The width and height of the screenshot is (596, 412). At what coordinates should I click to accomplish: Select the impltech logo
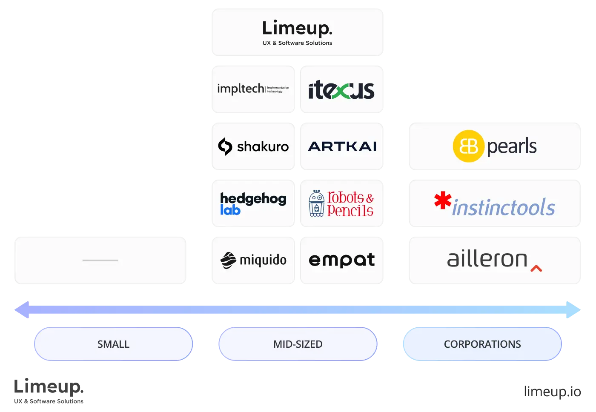(253, 89)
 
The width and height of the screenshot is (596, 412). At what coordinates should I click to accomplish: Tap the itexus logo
(341, 90)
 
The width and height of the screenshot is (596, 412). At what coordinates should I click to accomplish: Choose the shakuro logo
(253, 146)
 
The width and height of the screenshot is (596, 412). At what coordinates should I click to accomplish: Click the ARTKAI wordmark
(342, 146)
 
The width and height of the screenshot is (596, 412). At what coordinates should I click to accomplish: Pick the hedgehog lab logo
(253, 203)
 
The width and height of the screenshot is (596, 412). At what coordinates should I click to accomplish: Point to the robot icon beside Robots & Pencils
(316, 203)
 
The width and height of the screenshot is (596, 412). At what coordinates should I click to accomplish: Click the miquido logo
(253, 260)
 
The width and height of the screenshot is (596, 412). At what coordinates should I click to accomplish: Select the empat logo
(342, 260)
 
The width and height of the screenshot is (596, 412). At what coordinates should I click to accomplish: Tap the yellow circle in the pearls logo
(468, 146)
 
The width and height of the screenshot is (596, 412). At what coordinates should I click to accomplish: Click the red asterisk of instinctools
(443, 200)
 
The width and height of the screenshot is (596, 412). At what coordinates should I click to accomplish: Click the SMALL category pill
(113, 344)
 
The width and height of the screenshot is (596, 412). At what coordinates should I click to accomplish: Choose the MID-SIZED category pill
(298, 344)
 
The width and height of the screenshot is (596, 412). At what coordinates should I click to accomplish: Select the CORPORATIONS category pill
(482, 344)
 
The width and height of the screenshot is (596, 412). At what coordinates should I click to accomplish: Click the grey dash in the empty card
(100, 260)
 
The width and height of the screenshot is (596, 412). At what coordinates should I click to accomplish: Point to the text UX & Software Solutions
(297, 43)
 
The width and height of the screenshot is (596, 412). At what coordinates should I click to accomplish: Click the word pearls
(511, 146)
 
